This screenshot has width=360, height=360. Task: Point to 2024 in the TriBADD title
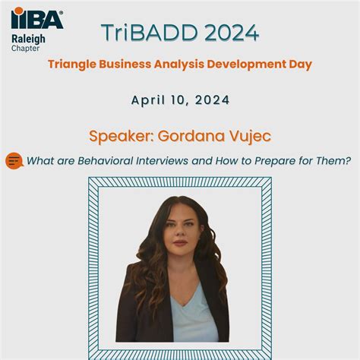tap(225, 33)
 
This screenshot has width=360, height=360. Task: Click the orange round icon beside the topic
tap(14, 161)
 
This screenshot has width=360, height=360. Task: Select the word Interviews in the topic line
tap(164, 161)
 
